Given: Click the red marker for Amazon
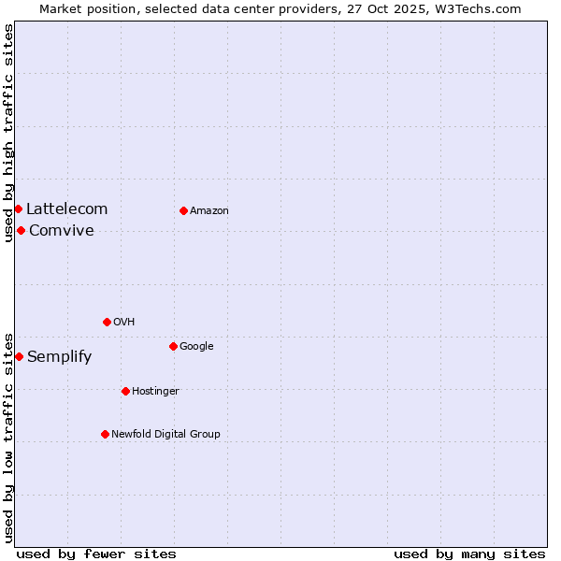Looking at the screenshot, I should (183, 210).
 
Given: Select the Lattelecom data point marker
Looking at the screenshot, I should (18, 209).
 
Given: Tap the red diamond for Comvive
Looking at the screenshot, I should (21, 230).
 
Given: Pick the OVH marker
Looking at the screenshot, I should (107, 322).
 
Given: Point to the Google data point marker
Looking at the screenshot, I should (173, 346).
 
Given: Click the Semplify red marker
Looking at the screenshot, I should (19, 356).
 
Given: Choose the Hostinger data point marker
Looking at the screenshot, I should (125, 391).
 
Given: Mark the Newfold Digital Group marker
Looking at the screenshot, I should (105, 434).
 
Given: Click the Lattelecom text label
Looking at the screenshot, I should (66, 209).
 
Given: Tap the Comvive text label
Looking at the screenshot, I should (62, 231).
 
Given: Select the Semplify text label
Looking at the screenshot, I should (60, 357).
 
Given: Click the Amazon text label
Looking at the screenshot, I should (209, 211).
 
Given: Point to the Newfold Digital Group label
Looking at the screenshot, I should (165, 434).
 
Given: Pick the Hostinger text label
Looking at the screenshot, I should (155, 391).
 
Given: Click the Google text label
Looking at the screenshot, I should (196, 347).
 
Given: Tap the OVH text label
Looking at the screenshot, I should (124, 323).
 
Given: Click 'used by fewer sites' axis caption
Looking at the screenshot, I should (96, 554).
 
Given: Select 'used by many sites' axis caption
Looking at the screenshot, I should (469, 554).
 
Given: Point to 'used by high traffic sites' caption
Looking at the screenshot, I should (8, 133).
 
